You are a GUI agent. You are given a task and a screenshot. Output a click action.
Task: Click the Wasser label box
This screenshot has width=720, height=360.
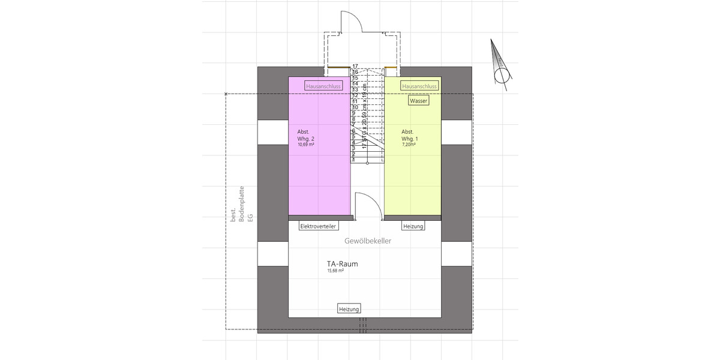pyautogui.click(x=418, y=101)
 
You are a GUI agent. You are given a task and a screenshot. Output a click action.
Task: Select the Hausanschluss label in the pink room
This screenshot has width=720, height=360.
pyautogui.click(x=323, y=86)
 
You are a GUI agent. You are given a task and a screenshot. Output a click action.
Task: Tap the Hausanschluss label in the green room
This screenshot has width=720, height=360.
pyautogui.click(x=419, y=86)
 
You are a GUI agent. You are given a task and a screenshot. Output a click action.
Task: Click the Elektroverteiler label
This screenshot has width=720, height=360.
pyautogui.click(x=318, y=226)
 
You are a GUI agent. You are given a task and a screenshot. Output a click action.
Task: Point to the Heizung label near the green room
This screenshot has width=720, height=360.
pyautogui.click(x=413, y=226)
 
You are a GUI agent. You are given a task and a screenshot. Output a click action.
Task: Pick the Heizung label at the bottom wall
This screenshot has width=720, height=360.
pyautogui.click(x=349, y=309)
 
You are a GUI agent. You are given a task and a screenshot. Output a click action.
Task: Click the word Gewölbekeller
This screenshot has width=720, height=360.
pyautogui.click(x=368, y=241)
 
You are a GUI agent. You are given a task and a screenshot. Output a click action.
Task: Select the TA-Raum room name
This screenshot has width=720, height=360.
pyautogui.click(x=343, y=263)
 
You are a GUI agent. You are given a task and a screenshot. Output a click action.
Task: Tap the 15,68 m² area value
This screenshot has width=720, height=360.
pyautogui.click(x=335, y=271)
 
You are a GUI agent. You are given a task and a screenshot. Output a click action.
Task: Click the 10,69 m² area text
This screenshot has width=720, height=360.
pyautogui.click(x=306, y=145)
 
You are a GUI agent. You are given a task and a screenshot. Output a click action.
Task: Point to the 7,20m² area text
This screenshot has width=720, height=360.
pyautogui.click(x=409, y=145)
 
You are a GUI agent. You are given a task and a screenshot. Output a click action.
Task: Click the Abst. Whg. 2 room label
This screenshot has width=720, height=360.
pyautogui.click(x=305, y=135)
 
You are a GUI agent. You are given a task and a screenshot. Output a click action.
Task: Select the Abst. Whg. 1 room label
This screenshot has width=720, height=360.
pyautogui.click(x=410, y=135)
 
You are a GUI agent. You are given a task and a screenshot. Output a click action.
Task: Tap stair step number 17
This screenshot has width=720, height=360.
pyautogui.click(x=355, y=66)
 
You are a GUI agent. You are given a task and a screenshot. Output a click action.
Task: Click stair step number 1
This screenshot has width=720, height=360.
pyautogui.click(x=354, y=160)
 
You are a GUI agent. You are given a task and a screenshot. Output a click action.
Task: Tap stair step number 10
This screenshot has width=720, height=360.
pyautogui.click(x=355, y=107)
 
